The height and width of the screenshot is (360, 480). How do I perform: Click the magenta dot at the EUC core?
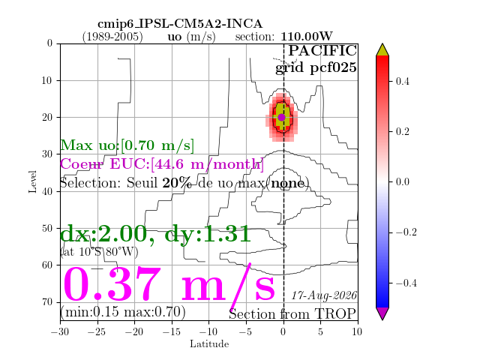point(282,117)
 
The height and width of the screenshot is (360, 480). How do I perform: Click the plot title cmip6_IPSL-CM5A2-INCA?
point(180,24)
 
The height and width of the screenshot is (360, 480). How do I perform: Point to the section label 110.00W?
point(307,37)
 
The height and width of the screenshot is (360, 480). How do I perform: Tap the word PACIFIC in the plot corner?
point(322,50)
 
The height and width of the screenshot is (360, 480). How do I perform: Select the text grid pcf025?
point(316,67)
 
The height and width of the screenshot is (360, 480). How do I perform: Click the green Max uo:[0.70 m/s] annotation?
point(127,145)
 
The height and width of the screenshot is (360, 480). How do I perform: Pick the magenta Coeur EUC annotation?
point(162,164)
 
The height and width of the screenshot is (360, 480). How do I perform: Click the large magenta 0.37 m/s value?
point(169,283)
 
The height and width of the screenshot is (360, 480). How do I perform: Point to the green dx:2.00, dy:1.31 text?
point(155,234)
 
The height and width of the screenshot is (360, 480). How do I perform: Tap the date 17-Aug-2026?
point(324,295)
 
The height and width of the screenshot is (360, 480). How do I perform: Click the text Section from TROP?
point(292,314)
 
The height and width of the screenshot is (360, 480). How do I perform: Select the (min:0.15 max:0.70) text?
point(123,312)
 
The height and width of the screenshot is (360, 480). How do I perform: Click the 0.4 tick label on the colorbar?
point(402,82)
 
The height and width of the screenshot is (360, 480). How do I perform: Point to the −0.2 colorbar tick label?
point(406,232)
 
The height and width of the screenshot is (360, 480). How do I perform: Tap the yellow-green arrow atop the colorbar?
point(382,49)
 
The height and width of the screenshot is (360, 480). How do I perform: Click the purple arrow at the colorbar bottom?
point(382,313)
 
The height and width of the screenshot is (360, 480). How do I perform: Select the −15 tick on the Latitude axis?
point(172,331)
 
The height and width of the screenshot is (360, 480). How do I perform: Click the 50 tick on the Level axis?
point(47,228)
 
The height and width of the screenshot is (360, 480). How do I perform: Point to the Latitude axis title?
point(209,344)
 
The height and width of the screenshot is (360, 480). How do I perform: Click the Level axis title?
point(32,181)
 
